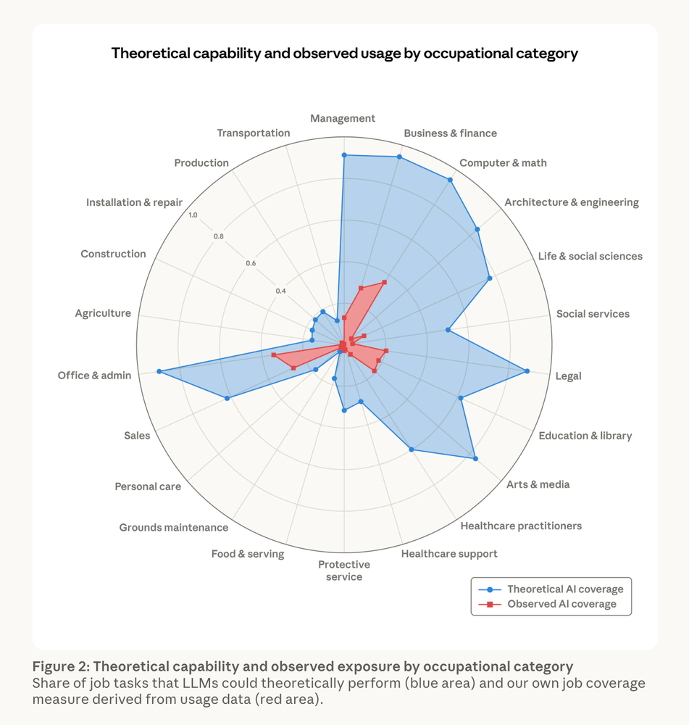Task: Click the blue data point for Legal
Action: click(527, 371)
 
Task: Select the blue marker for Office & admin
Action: click(159, 372)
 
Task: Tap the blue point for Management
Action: click(344, 155)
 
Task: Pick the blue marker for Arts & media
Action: click(475, 458)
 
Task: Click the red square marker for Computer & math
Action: click(385, 282)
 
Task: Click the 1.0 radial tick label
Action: click(192, 215)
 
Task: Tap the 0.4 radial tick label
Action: click(281, 291)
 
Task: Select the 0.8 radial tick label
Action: click(218, 236)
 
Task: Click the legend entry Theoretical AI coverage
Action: click(564, 589)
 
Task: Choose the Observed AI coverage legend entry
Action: click(561, 604)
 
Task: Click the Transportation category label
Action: click(254, 133)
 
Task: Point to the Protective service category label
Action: click(344, 571)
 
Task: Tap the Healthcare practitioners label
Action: click(521, 526)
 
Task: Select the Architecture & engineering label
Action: click(572, 202)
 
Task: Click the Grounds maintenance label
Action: click(174, 528)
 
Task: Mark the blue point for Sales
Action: click(227, 398)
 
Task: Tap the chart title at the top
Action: click(344, 54)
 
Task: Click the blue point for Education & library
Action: click(461, 397)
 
